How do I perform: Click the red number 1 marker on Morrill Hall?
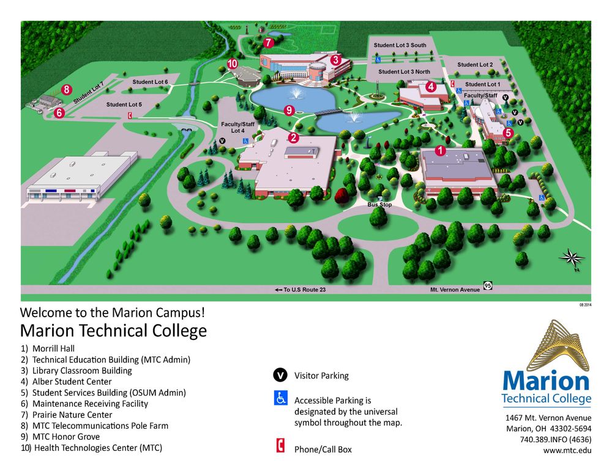click(x=439, y=149)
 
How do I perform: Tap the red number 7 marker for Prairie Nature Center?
click(x=268, y=43)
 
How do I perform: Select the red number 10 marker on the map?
click(x=232, y=63)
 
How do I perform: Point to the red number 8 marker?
click(x=67, y=89)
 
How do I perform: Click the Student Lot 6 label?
click(x=150, y=82)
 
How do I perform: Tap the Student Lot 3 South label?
click(x=400, y=45)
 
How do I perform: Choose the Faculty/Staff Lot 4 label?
click(x=233, y=127)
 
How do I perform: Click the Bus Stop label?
click(x=379, y=205)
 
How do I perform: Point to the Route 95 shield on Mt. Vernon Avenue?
click(x=488, y=286)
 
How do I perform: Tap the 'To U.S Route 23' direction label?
click(x=300, y=290)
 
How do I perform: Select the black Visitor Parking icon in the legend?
click(x=280, y=375)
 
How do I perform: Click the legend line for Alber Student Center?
click(x=72, y=382)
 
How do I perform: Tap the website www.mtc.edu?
click(x=567, y=450)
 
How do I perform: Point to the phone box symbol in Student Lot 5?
click(x=130, y=115)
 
